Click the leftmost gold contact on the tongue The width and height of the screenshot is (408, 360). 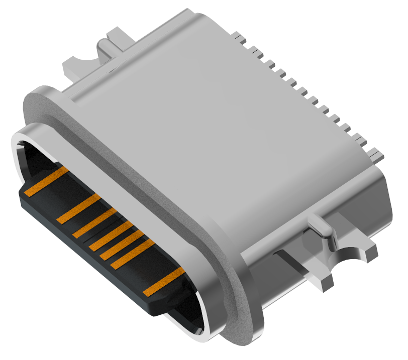click(47, 182)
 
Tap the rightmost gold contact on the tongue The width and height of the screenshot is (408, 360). click(164, 282)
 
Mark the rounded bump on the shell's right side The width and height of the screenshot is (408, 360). click(322, 226)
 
